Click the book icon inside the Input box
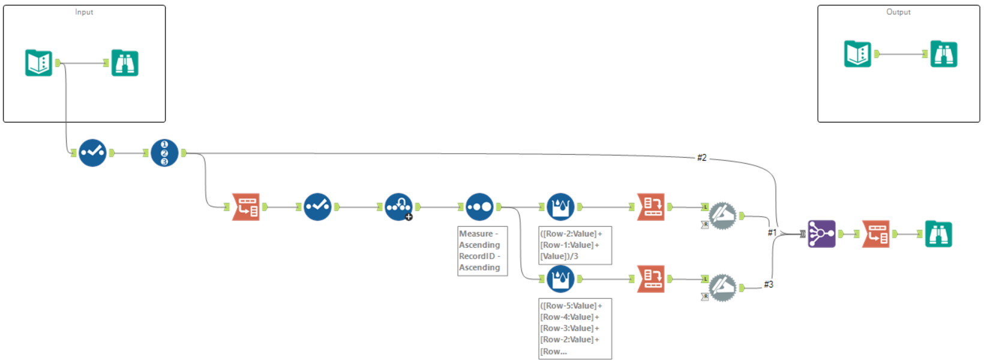[39, 63]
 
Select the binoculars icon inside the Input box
[125, 63]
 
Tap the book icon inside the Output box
[857, 54]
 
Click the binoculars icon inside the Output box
[944, 54]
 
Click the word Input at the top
[84, 12]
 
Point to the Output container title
[898, 12]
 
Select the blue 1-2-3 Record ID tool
[164, 153]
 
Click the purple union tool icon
[821, 233]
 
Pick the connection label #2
[701, 158]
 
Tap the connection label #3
[769, 284]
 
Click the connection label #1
[772, 232]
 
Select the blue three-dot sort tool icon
[479, 207]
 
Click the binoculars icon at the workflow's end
[938, 234]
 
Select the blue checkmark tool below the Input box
[92, 153]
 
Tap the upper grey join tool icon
[722, 216]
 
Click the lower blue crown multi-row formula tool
[560, 278]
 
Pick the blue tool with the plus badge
[398, 207]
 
